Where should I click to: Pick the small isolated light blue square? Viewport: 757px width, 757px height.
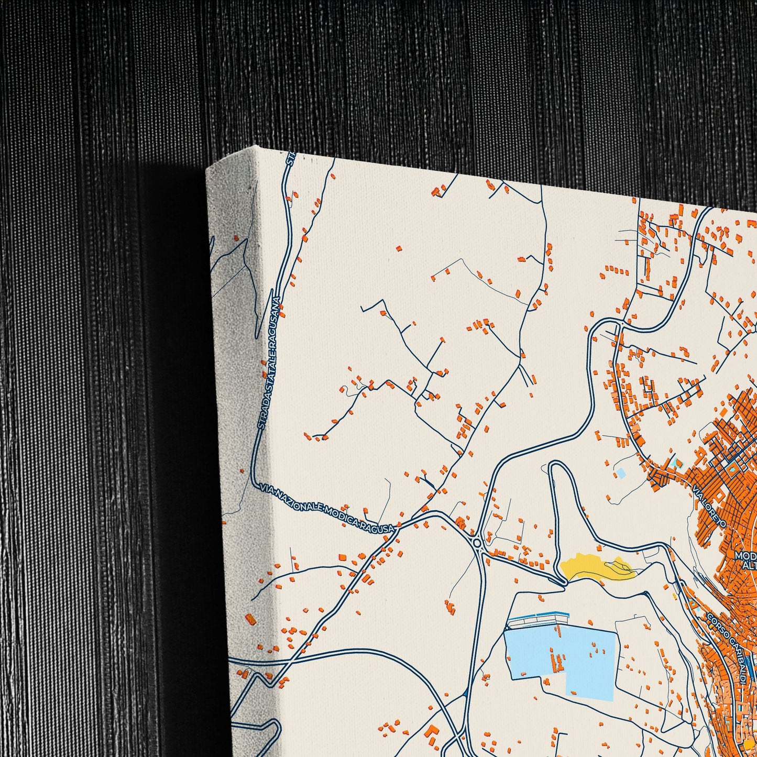(x=621, y=473)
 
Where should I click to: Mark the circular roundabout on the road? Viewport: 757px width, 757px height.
(x=477, y=544)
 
